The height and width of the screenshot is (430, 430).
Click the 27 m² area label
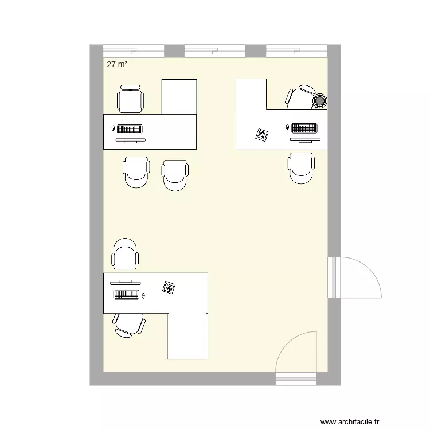tap(116, 65)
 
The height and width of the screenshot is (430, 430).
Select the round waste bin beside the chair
tap(319, 101)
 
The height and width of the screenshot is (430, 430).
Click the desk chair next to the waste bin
tap(300, 97)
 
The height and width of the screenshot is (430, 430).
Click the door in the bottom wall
tap(296, 359)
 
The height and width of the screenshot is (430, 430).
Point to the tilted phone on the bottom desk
tap(169, 287)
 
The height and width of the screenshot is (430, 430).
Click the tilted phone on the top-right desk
tap(263, 135)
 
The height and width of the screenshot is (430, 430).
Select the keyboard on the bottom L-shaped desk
tap(127, 295)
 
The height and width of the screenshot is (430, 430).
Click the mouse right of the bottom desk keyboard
tap(143, 295)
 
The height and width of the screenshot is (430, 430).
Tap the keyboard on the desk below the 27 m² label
tap(130, 128)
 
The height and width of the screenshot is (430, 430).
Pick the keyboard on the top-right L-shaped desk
tap(304, 127)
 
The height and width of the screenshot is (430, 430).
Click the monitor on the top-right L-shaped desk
tap(304, 139)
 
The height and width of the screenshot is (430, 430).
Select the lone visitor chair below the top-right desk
tap(302, 168)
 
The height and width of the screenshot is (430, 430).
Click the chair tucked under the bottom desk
tap(130, 324)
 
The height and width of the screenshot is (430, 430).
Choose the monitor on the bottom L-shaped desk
tap(125, 282)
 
